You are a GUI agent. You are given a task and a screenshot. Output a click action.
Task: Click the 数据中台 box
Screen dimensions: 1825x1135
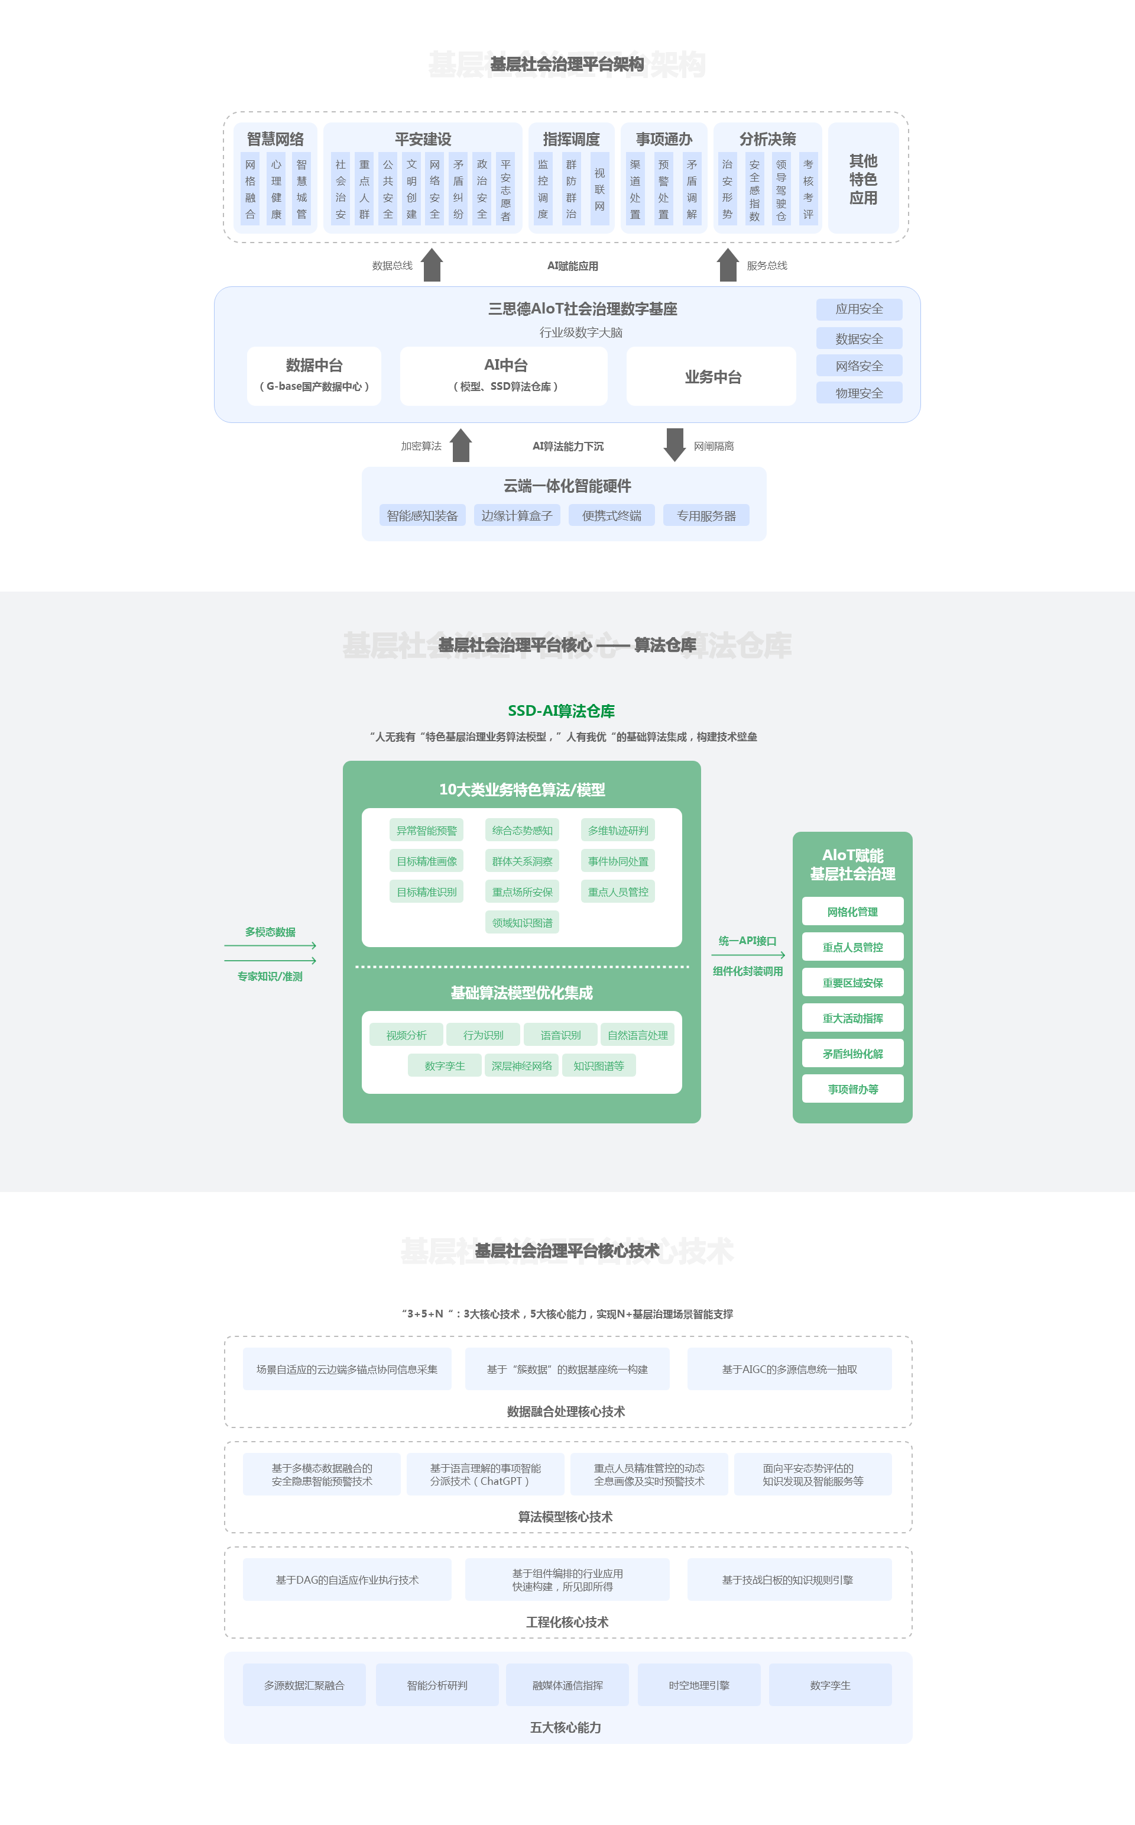click(314, 376)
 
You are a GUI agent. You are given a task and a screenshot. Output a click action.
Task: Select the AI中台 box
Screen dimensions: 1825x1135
click(504, 376)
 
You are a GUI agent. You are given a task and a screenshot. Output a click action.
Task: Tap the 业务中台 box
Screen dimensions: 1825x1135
click(712, 376)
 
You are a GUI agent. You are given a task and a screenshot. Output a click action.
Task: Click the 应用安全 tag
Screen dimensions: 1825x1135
click(859, 309)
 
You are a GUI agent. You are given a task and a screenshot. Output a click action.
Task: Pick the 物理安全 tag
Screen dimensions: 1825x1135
click(859, 393)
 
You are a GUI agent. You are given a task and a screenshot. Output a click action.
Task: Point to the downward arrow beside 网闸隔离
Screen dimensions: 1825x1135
click(674, 445)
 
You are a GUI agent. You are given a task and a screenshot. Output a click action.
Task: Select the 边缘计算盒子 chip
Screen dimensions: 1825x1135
click(517, 515)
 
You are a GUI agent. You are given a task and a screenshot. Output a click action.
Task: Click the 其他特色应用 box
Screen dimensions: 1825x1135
click(862, 179)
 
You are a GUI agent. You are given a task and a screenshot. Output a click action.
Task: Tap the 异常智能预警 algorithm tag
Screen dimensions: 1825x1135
click(426, 830)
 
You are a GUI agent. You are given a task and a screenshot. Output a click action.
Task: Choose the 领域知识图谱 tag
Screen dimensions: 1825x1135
click(522, 922)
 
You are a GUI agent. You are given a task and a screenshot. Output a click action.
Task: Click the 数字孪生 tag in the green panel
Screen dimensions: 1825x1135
click(445, 1065)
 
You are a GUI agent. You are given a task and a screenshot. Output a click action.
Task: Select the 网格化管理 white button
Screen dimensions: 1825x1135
click(852, 911)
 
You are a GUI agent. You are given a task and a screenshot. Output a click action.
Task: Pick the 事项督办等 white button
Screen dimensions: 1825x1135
click(852, 1088)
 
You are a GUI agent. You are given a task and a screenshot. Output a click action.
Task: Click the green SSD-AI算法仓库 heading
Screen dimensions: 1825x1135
click(561, 710)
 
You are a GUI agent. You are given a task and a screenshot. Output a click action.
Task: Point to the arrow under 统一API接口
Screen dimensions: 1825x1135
click(748, 955)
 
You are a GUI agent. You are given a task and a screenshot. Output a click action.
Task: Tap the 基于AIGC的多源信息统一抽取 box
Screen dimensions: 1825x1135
click(789, 1368)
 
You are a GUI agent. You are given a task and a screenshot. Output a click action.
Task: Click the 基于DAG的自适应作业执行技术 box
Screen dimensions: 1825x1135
click(347, 1579)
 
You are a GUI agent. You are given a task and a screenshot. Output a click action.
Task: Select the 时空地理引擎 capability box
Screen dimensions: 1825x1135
click(698, 1685)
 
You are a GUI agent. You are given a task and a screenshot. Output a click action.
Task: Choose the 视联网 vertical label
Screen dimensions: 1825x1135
click(599, 189)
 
